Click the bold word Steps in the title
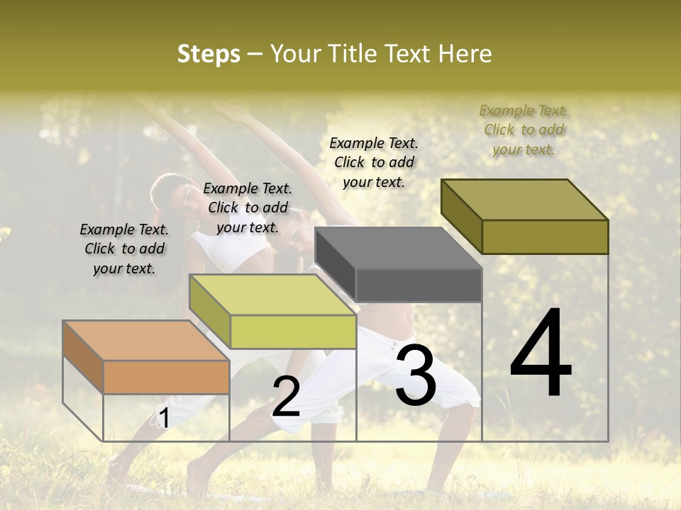point(209,54)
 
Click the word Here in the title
point(465,54)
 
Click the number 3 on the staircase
point(416,375)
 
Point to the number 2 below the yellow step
point(286,397)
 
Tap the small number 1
point(164,419)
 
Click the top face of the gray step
point(398,248)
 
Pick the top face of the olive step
point(524,199)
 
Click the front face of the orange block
point(167,377)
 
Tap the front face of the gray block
point(419,285)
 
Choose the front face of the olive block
point(545,237)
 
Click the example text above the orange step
point(124,249)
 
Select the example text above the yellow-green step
point(248,208)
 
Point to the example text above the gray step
point(374,162)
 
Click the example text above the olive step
point(524,130)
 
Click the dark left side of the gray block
point(336,266)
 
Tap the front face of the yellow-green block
point(293,331)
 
